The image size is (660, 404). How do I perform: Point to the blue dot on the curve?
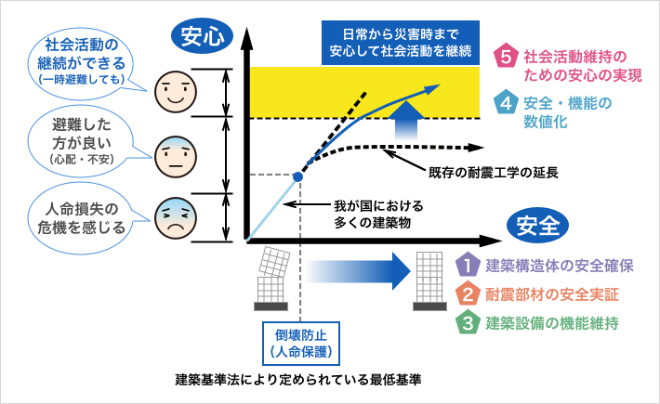coord(298,175)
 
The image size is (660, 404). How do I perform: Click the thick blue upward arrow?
coord(406,124)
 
